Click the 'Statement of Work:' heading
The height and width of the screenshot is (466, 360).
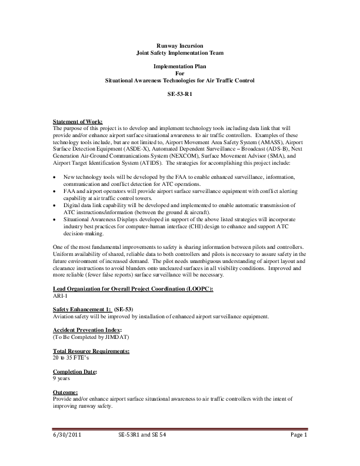78,122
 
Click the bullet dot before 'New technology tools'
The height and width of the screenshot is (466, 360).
55,177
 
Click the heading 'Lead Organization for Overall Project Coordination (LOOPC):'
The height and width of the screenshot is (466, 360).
133,288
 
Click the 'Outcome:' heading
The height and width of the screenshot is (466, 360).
65,392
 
